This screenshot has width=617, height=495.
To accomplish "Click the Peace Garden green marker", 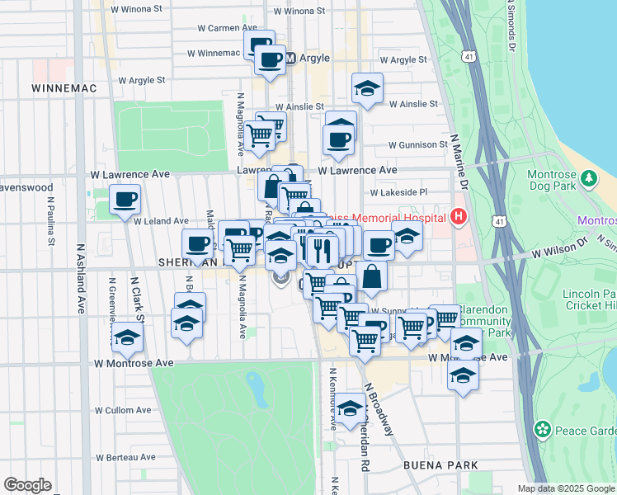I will pos(543,429).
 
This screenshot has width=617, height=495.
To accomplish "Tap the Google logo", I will pos(27,485).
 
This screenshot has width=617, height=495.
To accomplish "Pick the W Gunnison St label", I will pos(417,144).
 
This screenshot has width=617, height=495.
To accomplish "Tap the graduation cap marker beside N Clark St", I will pos(127,337).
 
